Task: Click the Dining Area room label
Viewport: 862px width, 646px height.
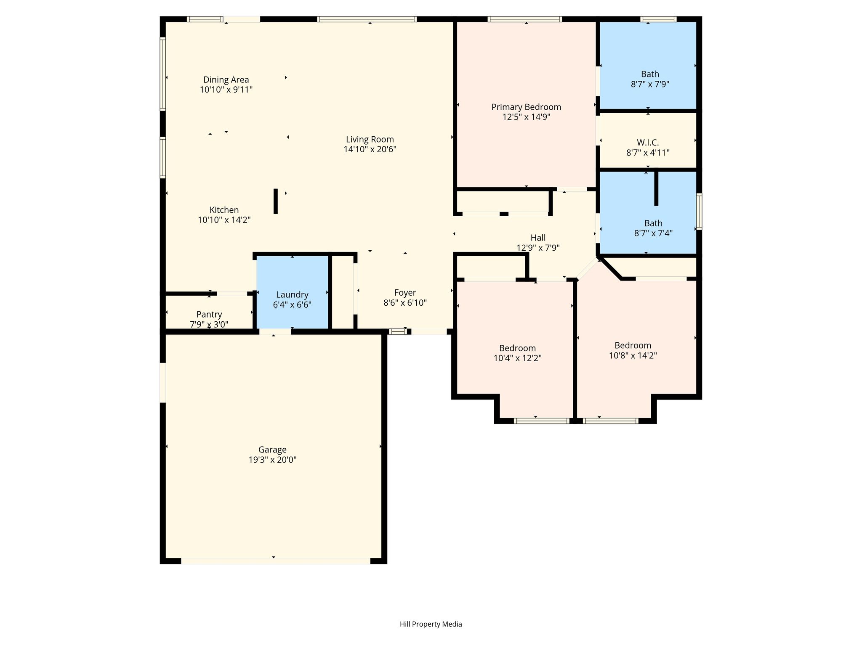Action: pyautogui.click(x=226, y=79)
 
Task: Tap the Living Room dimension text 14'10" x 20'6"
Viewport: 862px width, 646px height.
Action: pyautogui.click(x=370, y=149)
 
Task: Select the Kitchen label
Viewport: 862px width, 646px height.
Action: pyautogui.click(x=224, y=210)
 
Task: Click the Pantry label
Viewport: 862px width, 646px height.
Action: pyautogui.click(x=209, y=315)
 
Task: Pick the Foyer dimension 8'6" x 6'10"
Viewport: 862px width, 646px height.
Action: pyautogui.click(x=405, y=303)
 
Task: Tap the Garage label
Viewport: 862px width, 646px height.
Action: pyautogui.click(x=272, y=450)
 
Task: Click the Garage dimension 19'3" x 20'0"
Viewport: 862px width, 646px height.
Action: pyautogui.click(x=272, y=460)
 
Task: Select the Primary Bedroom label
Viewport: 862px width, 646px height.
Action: pyautogui.click(x=526, y=107)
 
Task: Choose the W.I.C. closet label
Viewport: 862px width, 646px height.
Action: pyautogui.click(x=648, y=143)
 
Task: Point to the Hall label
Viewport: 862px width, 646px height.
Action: pyautogui.click(x=538, y=238)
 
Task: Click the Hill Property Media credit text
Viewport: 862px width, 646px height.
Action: pyautogui.click(x=431, y=624)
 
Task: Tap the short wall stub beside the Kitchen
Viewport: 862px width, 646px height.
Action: pyautogui.click(x=276, y=201)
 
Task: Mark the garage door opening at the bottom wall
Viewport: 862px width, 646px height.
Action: pyautogui.click(x=276, y=561)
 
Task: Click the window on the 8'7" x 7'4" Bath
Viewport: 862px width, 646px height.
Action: pyautogui.click(x=699, y=211)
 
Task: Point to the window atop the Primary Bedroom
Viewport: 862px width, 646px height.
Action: pyautogui.click(x=524, y=19)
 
